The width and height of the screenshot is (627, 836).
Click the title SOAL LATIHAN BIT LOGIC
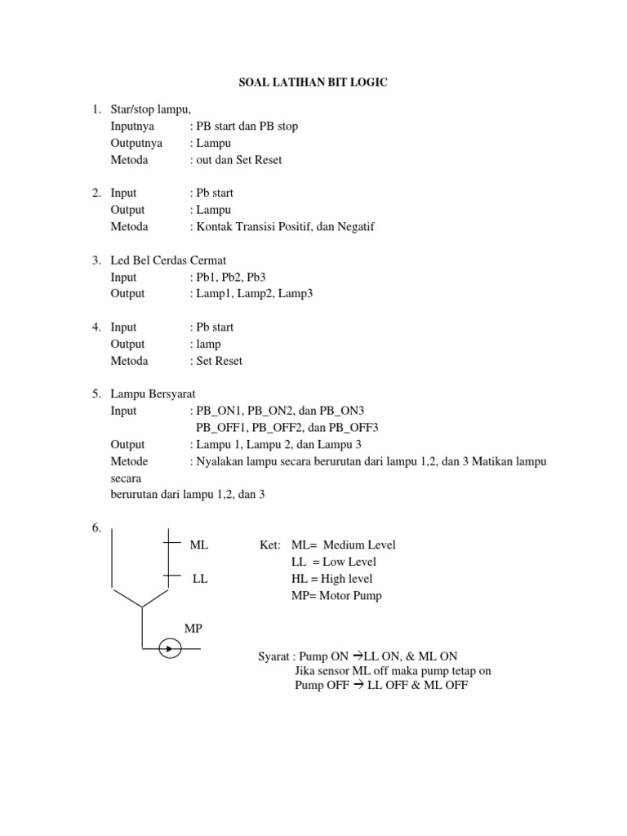point(313,82)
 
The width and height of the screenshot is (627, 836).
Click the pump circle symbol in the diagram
point(170,650)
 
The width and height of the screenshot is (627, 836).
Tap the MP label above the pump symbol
point(193,629)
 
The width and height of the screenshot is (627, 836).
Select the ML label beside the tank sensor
point(198,545)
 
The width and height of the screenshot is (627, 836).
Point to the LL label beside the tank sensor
point(200,579)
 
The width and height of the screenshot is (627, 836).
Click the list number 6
point(96,528)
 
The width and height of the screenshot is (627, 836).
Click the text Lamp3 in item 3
point(296,293)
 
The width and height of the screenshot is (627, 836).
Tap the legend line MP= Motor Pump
point(336,596)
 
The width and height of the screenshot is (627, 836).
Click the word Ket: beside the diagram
point(270,545)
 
